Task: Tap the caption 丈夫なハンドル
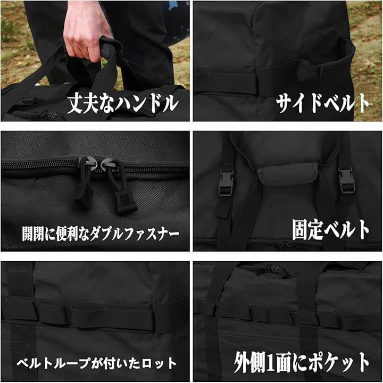(123, 104)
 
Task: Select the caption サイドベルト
(322, 103)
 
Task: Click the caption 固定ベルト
(330, 230)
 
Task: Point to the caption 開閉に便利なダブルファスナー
(101, 234)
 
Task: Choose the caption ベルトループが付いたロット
(96, 363)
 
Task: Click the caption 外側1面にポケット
(302, 362)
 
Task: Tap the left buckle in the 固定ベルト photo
(226, 182)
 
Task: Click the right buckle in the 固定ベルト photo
(346, 180)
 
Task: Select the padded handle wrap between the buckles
(288, 173)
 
